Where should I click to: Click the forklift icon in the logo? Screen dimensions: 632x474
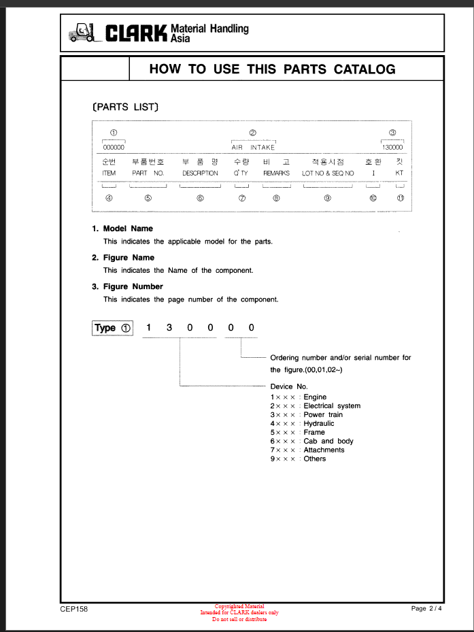pyautogui.click(x=82, y=33)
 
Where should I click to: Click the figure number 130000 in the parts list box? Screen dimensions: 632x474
pyautogui.click(x=392, y=147)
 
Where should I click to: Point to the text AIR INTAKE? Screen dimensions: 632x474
pyautogui.click(x=253, y=147)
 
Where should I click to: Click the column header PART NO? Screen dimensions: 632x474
pyautogui.click(x=148, y=173)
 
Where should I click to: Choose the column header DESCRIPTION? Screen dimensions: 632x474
pyautogui.click(x=200, y=173)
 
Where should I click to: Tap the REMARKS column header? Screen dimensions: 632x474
pyautogui.click(x=276, y=173)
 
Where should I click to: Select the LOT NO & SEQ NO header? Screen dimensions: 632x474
pyautogui.click(x=328, y=173)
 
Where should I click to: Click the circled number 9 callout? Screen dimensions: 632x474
pyautogui.click(x=327, y=198)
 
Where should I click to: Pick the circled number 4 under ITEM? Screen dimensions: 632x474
pyautogui.click(x=109, y=198)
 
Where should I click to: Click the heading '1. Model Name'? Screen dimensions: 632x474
pyautogui.click(x=122, y=229)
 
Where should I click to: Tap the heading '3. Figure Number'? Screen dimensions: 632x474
pyautogui.click(x=127, y=286)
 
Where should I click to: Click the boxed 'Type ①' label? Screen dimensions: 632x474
pyautogui.click(x=112, y=328)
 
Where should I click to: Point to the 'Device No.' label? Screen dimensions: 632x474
pyautogui.click(x=289, y=386)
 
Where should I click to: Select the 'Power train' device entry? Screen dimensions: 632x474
pyautogui.click(x=322, y=414)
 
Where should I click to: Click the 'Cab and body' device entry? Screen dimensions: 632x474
pyautogui.click(x=328, y=441)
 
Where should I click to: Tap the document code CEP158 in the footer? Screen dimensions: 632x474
pyautogui.click(x=73, y=609)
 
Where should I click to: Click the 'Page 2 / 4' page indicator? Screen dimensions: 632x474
pyautogui.click(x=426, y=608)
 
